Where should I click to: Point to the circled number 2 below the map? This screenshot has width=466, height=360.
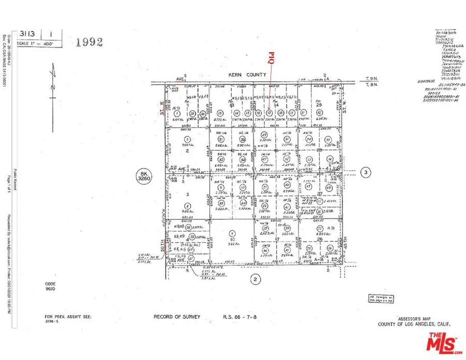click(x=254, y=280)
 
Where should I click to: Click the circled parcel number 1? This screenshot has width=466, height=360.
click(x=177, y=113)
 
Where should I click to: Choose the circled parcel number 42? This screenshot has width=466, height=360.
click(x=319, y=113)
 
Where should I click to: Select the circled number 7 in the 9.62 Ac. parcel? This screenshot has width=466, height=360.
click(x=232, y=233)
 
